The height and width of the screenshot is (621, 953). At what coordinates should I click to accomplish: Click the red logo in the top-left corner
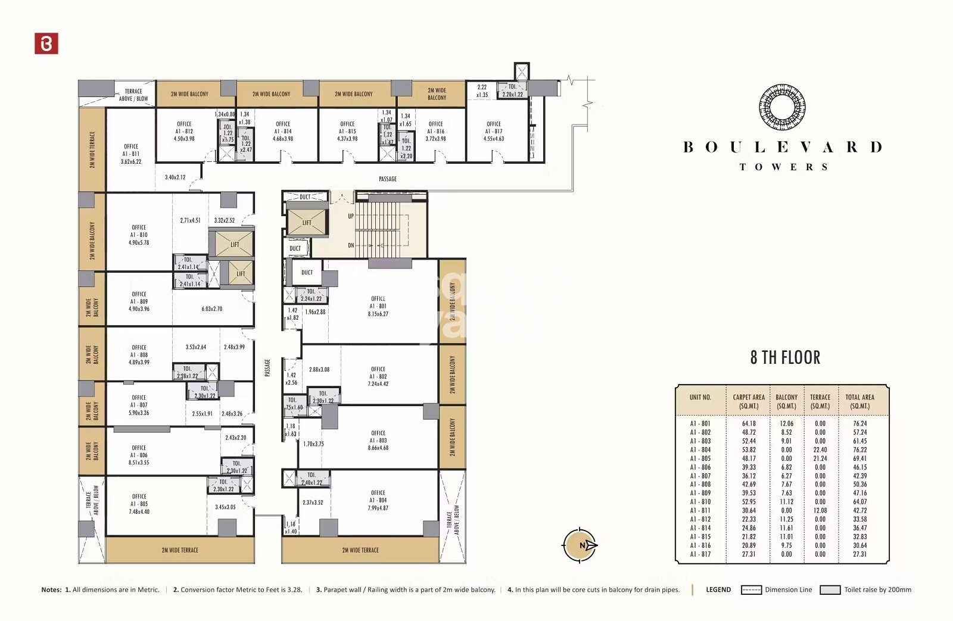(x=46, y=43)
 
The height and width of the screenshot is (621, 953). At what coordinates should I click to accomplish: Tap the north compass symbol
(x=580, y=545)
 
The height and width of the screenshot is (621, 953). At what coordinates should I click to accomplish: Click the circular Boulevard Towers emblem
(x=782, y=108)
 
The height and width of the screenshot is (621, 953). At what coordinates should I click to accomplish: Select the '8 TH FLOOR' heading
(x=785, y=358)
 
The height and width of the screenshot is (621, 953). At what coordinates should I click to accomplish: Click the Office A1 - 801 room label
(x=378, y=306)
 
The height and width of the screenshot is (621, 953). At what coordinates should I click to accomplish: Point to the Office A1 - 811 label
(x=131, y=154)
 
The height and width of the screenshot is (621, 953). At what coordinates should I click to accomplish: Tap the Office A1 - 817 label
(x=493, y=132)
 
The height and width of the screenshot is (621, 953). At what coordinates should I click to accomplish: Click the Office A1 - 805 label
(x=139, y=504)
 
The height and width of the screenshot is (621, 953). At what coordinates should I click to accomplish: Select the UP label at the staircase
(x=351, y=216)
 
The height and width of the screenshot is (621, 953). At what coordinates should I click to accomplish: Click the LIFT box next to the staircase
(x=306, y=223)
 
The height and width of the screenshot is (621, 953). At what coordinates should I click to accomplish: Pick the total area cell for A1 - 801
(x=859, y=424)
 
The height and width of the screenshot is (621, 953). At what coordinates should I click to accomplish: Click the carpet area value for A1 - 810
(x=749, y=502)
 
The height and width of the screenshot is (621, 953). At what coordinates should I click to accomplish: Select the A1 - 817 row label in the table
(x=700, y=554)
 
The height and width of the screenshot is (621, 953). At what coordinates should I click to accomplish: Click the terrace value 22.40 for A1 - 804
(x=820, y=450)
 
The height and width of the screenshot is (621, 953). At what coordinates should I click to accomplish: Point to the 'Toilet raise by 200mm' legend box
(x=830, y=590)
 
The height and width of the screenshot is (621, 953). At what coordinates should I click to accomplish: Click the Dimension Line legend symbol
(x=751, y=590)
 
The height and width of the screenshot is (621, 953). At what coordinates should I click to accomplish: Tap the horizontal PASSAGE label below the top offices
(x=387, y=179)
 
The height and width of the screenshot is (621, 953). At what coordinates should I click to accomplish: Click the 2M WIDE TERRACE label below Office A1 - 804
(x=360, y=550)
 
